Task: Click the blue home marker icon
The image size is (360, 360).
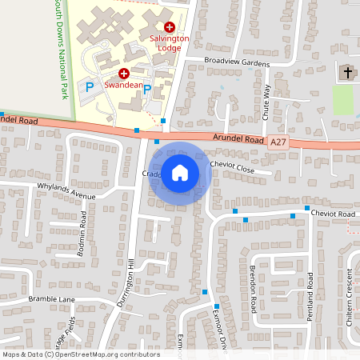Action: [180, 172]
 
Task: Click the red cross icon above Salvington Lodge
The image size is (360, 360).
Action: [170, 27]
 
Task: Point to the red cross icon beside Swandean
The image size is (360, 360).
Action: [124, 72]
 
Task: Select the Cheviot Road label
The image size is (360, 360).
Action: [334, 214]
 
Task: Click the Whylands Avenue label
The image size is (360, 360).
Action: [66, 190]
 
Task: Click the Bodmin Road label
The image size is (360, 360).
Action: [82, 232]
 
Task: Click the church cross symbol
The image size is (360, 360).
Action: [347, 73]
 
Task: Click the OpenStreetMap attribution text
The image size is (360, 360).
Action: [81, 354]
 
